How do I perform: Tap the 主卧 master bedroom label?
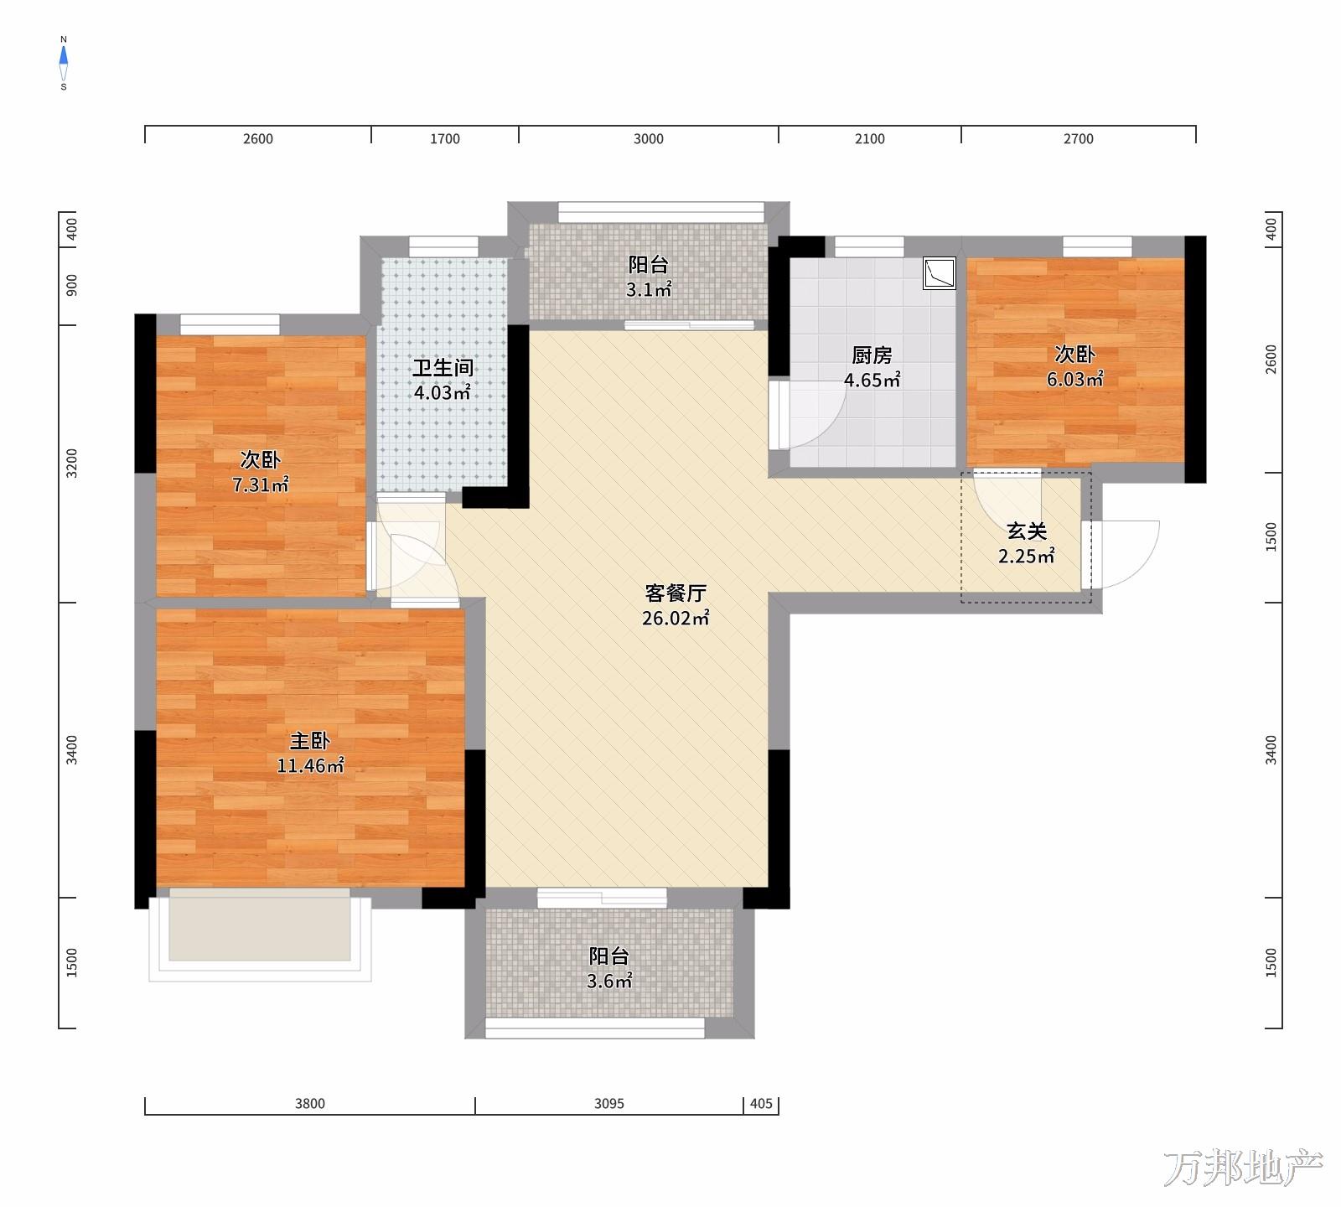pyautogui.click(x=310, y=741)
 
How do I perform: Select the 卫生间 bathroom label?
pyautogui.click(x=443, y=367)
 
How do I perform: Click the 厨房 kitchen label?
pyautogui.click(x=872, y=355)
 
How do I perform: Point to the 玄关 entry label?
pyautogui.click(x=1027, y=531)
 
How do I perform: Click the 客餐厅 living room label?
pyautogui.click(x=676, y=593)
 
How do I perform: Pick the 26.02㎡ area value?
pyautogui.click(x=676, y=619)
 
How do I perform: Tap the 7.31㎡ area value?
pyautogui.click(x=261, y=484)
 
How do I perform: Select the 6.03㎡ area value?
pyautogui.click(x=1075, y=379)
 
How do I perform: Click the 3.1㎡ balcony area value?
pyautogui.click(x=649, y=290)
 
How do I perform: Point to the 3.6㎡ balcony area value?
pyautogui.click(x=609, y=982)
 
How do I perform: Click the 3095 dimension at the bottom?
pyautogui.click(x=609, y=1104)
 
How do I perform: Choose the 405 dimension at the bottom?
pyautogui.click(x=761, y=1104)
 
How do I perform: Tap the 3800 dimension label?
pyautogui.click(x=310, y=1104)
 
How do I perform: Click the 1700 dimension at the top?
pyautogui.click(x=445, y=139)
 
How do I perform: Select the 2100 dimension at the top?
pyautogui.click(x=870, y=139)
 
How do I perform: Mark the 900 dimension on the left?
pyautogui.click(x=71, y=285)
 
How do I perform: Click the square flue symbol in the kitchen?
pyautogui.click(x=939, y=273)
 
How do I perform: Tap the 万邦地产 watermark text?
pyautogui.click(x=1243, y=1168)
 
